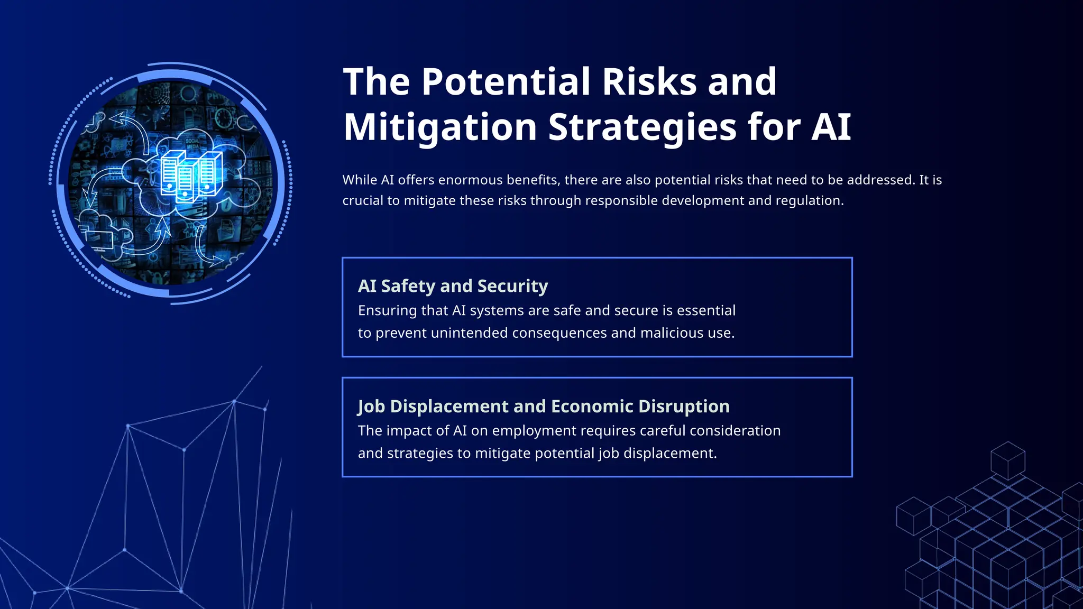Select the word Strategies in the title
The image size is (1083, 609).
coord(642,127)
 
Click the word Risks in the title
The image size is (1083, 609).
coord(649,82)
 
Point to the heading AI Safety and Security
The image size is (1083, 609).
coord(453,286)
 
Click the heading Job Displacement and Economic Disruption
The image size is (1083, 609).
coord(544,406)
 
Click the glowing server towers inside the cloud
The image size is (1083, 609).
coord(191,174)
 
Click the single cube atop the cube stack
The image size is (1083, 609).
coord(1007,460)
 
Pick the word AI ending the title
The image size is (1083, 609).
coord(831,127)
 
